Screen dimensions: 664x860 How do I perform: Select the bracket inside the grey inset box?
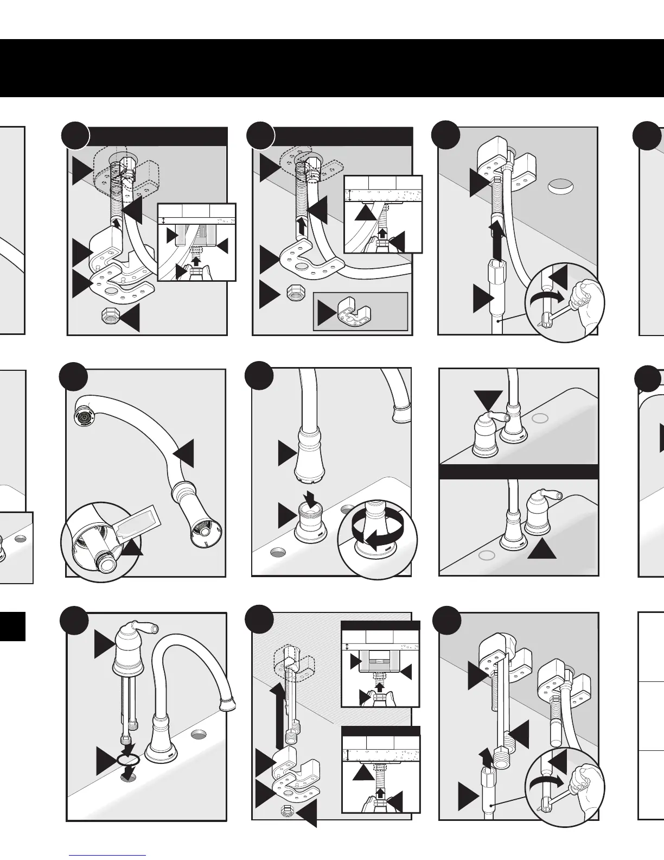(x=352, y=313)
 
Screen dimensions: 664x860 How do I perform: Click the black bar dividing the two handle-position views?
(x=518, y=471)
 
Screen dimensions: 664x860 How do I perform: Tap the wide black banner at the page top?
(x=332, y=68)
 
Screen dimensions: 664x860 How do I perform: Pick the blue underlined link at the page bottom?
(x=108, y=856)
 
